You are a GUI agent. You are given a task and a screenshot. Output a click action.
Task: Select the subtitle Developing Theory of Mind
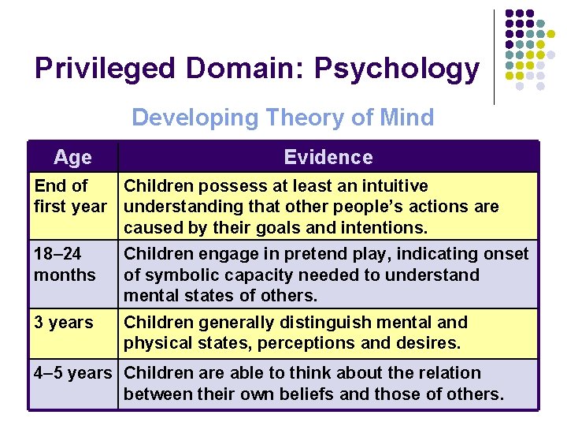(x=283, y=118)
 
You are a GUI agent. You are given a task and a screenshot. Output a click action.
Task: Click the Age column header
(x=72, y=157)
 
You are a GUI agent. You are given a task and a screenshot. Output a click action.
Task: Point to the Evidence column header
(x=328, y=157)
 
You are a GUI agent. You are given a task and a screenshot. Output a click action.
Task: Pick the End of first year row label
(x=70, y=196)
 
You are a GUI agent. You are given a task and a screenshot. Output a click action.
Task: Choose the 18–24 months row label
(x=65, y=264)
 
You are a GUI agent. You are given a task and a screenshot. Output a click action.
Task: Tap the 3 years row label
(x=63, y=323)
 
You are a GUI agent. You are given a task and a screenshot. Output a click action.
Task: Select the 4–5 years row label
(x=73, y=373)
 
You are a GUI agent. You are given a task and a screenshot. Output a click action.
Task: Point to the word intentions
(x=386, y=228)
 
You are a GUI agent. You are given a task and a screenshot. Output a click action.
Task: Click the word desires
(x=432, y=343)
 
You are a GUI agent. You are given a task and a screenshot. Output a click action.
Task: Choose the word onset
(x=505, y=254)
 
